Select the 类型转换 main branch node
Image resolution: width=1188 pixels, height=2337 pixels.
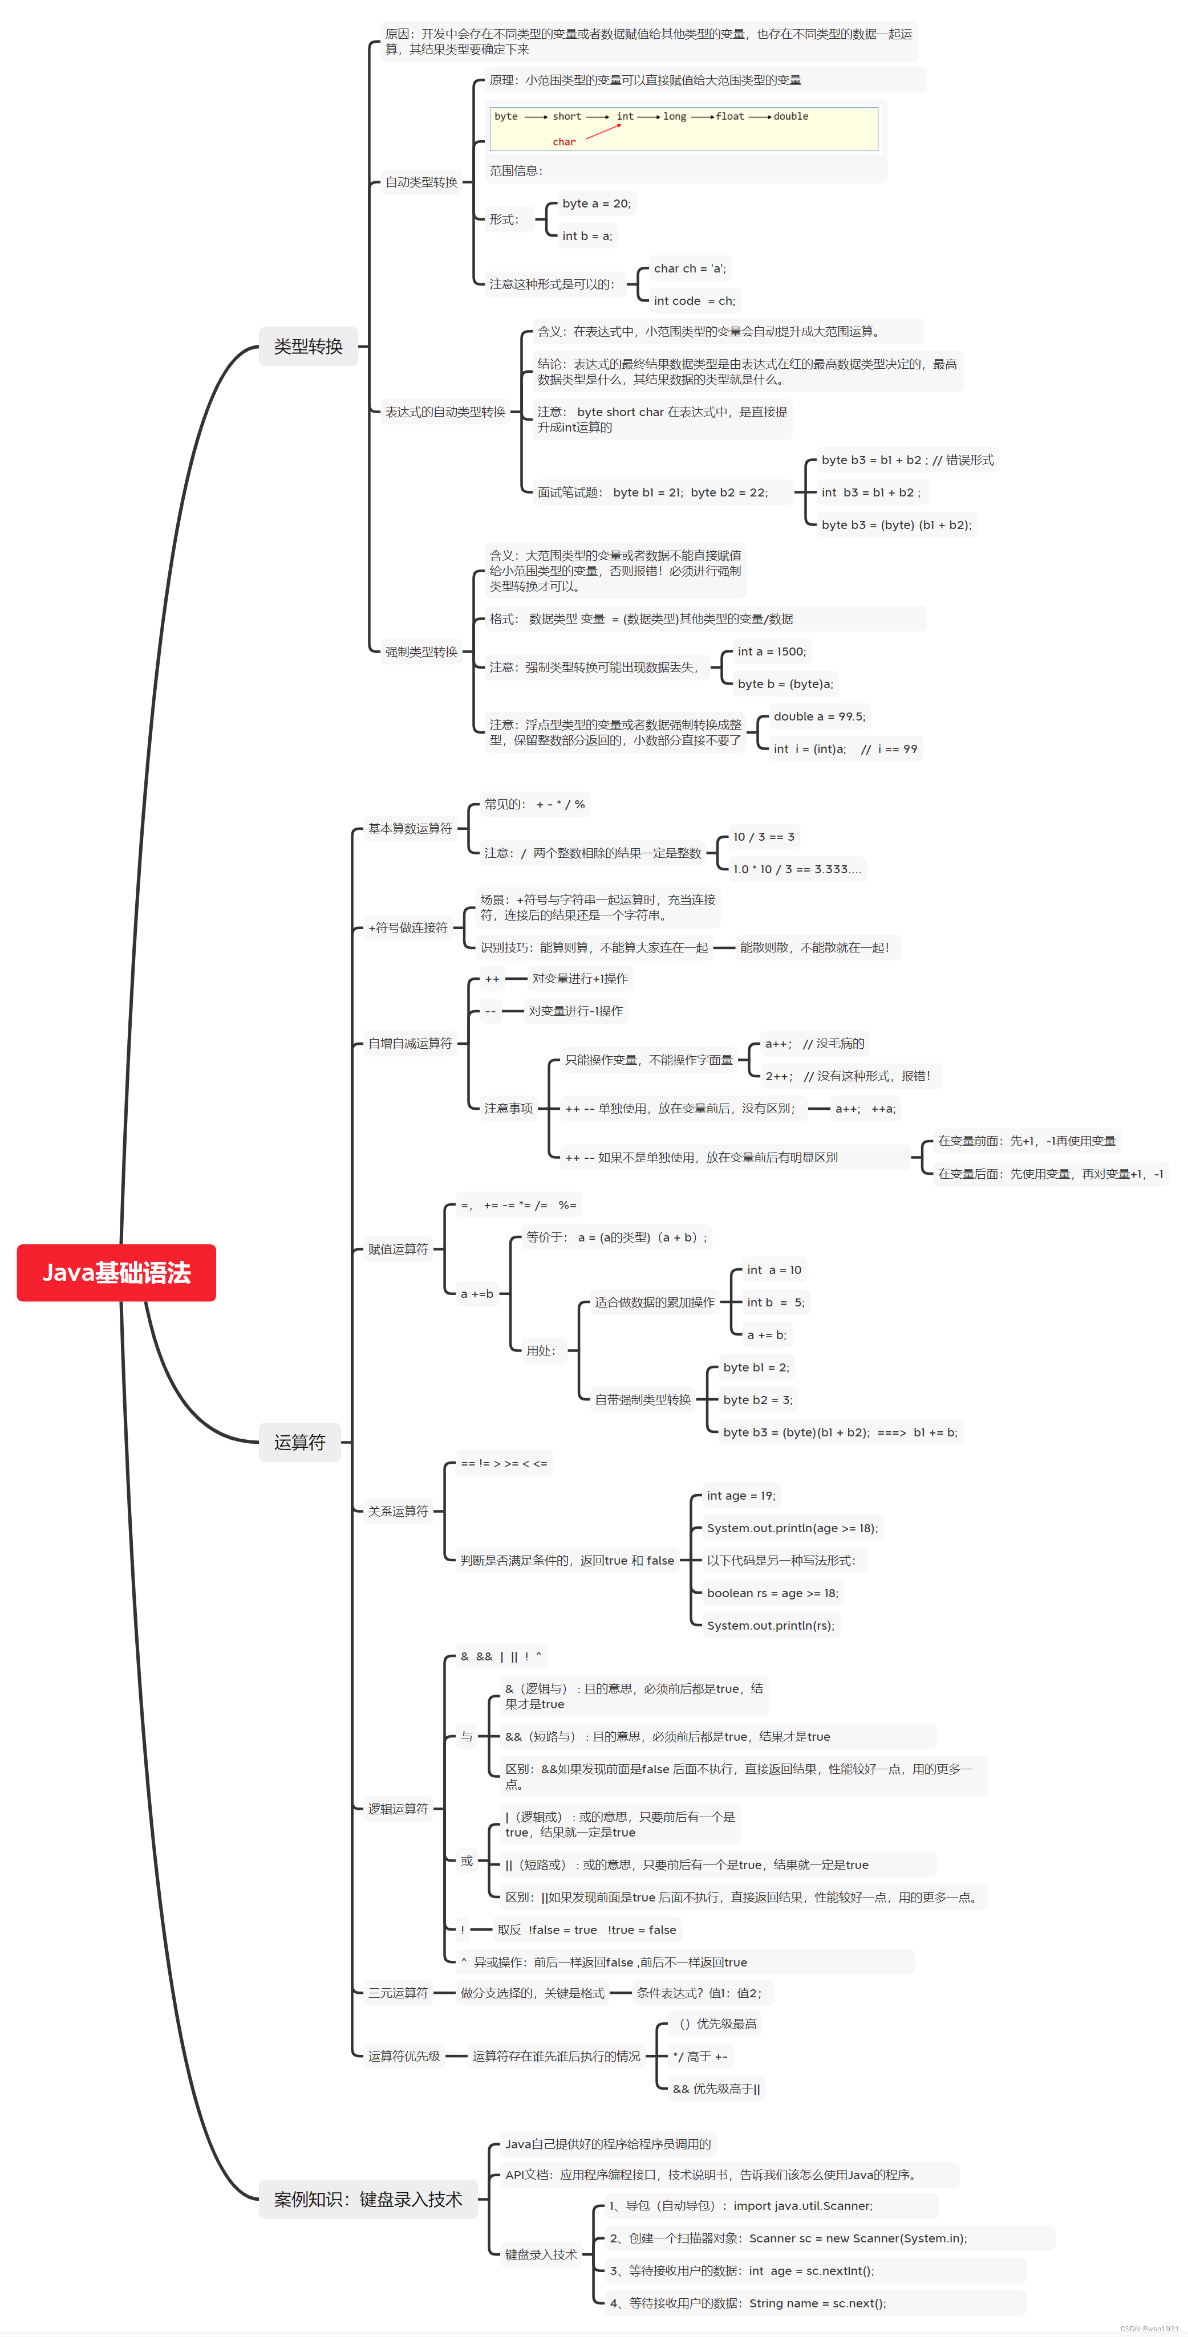click(309, 345)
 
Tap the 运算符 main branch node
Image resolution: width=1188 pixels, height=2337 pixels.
click(299, 1442)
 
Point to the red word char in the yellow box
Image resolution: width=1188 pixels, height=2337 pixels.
click(563, 141)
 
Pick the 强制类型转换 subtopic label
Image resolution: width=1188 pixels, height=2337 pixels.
click(421, 652)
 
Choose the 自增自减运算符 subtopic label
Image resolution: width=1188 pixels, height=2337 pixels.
click(409, 1043)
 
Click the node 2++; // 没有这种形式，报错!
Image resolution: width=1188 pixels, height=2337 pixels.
click(848, 1076)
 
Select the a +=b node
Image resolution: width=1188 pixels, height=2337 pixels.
click(476, 1294)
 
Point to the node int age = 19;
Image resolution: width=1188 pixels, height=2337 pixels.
click(740, 1495)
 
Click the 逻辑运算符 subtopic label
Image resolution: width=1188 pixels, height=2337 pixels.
click(398, 1808)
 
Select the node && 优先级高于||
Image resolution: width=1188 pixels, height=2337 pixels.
click(716, 2088)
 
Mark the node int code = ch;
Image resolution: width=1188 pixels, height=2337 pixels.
click(694, 300)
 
